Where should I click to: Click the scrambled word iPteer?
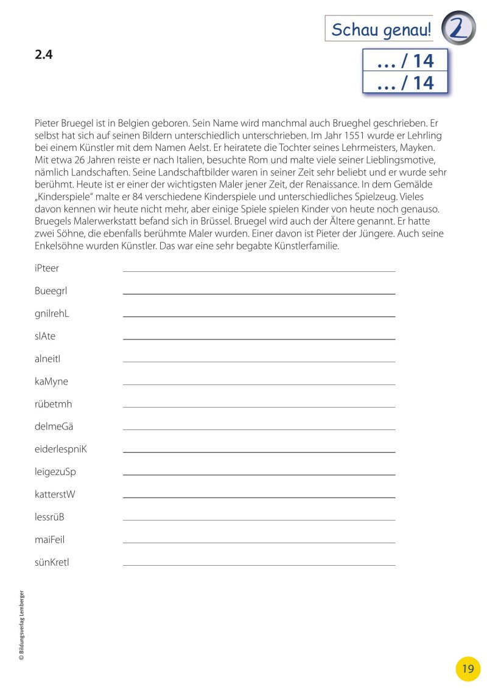pyautogui.click(x=47, y=268)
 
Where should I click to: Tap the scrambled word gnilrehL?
pyautogui.click(x=52, y=314)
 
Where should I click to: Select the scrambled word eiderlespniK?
pyautogui.click(x=61, y=450)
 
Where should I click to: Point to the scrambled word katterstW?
pyautogui.click(x=55, y=495)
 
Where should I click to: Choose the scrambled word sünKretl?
pyautogui.click(x=52, y=562)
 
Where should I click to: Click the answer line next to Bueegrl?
pyautogui.click(x=259, y=293)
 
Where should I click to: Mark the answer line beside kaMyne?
pyautogui.click(x=259, y=384)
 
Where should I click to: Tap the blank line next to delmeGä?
pyautogui.click(x=259, y=429)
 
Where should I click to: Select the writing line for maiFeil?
pyautogui.click(x=259, y=542)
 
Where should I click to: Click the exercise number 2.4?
pyautogui.click(x=44, y=55)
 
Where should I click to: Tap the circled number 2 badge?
pyautogui.click(x=458, y=29)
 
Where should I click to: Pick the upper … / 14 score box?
pyautogui.click(x=405, y=61)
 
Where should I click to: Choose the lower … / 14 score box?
pyautogui.click(x=405, y=82)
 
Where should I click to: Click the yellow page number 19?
pyautogui.click(x=468, y=669)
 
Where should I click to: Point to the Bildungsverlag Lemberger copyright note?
pyautogui.click(x=21, y=624)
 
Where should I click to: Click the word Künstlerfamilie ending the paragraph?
pyautogui.click(x=304, y=246)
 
